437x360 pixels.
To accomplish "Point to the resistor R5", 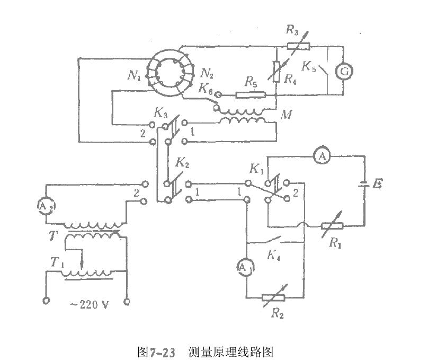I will tap(250, 95).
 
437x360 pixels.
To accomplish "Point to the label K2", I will tap(182, 163).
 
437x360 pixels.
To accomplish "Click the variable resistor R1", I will tap(332, 225).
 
